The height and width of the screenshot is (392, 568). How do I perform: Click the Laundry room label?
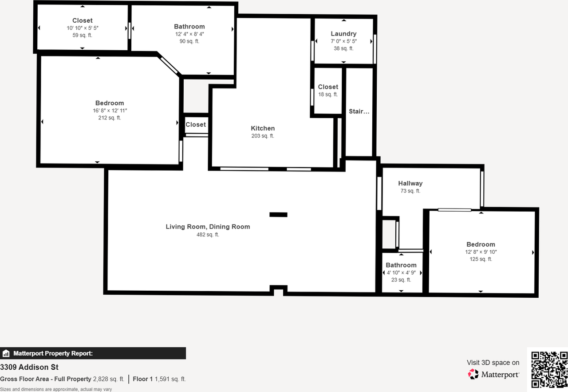coord(343,34)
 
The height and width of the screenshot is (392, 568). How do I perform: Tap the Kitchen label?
coord(263,128)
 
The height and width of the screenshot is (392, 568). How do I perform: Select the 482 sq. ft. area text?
coord(208,235)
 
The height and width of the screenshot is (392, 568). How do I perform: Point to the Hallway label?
coord(410,183)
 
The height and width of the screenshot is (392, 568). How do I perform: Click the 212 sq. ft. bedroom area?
coord(110,118)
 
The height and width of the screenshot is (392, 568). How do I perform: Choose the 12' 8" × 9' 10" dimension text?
coord(481,252)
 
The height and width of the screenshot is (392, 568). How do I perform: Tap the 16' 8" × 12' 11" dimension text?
coord(110,111)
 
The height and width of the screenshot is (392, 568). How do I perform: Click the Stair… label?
coord(359,112)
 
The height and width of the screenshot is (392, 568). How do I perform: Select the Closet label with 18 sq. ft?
coord(328,87)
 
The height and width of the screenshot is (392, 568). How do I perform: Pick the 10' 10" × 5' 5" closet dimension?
coord(83,28)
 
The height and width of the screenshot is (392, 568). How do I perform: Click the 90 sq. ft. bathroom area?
coord(189,41)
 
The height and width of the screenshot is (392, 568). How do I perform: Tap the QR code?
coord(549,369)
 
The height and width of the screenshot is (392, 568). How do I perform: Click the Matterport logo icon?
coord(473,374)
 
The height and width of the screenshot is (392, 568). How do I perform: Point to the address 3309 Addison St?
coord(29,367)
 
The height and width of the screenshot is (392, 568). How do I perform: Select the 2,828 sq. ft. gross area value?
coord(109,379)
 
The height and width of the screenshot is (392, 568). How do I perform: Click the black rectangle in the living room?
coord(278,215)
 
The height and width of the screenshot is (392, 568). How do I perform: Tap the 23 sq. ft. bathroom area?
coord(401,280)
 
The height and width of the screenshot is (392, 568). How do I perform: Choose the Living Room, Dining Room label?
coord(208,227)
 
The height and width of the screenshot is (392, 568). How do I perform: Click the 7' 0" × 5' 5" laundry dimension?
coord(343,41)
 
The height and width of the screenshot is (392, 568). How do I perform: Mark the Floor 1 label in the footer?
coord(142,379)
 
